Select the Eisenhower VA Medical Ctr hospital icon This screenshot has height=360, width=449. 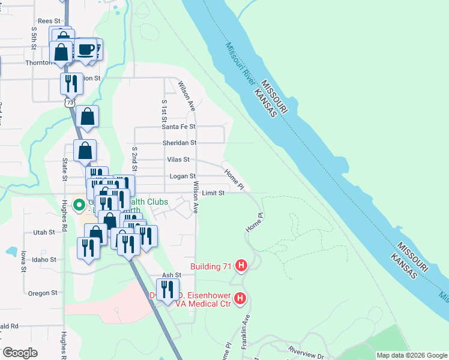[x=240, y=298]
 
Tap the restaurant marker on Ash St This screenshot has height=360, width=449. [x=167, y=289]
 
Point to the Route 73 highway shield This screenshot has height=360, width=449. [x=70, y=103]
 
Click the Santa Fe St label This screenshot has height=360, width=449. [x=178, y=127]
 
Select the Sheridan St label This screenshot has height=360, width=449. [x=179, y=143]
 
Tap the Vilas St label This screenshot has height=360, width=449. [x=179, y=160]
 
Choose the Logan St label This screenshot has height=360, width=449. [x=182, y=176]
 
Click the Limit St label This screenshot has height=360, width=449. [x=213, y=193]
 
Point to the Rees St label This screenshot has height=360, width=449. [x=49, y=20]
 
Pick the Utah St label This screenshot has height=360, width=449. [x=44, y=232]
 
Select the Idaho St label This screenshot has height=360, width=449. [x=44, y=260]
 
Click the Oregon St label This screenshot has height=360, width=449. [x=42, y=293]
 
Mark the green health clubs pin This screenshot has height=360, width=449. [x=79, y=205]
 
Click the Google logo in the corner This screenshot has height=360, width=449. [x=19, y=353]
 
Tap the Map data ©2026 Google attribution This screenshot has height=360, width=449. [x=411, y=355]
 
